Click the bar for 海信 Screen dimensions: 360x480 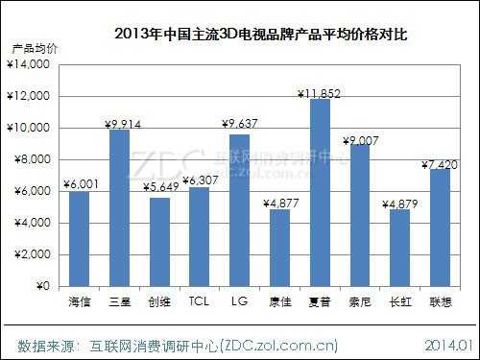point(79,239)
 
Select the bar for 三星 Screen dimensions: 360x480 point(119,208)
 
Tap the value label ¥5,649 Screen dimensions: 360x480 point(159,188)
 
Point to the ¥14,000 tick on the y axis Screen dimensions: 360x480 point(32,64)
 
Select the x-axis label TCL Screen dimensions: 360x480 point(199,302)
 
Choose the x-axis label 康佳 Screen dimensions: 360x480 point(279,302)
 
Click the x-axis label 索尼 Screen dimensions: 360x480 point(360,302)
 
